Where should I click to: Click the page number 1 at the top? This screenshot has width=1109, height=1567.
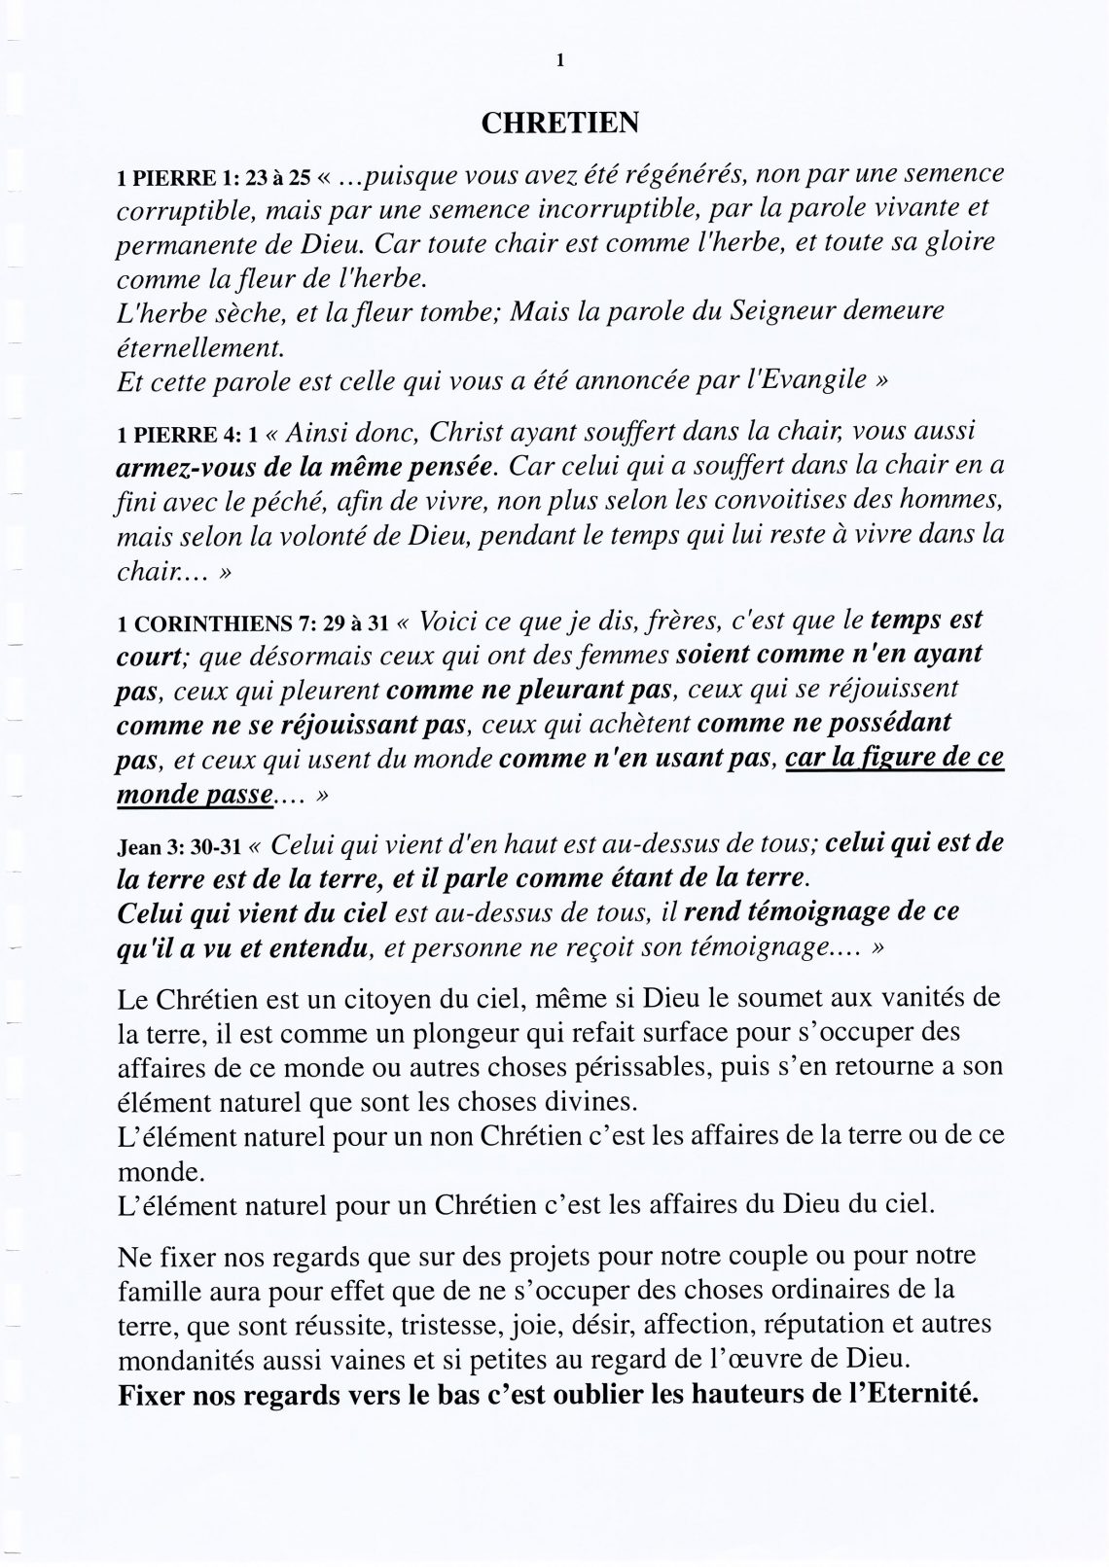coord(560,60)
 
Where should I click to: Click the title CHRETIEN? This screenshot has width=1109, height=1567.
coord(560,124)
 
